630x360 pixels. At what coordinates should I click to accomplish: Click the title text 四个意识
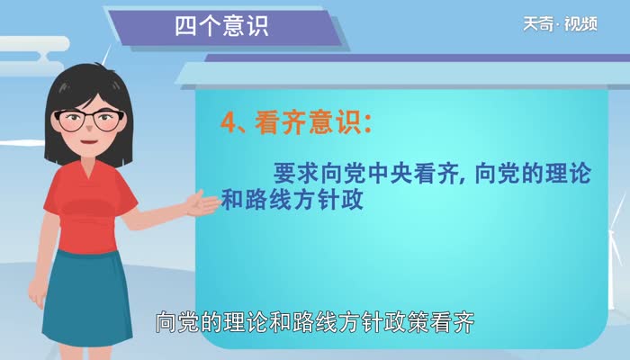[220, 26]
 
